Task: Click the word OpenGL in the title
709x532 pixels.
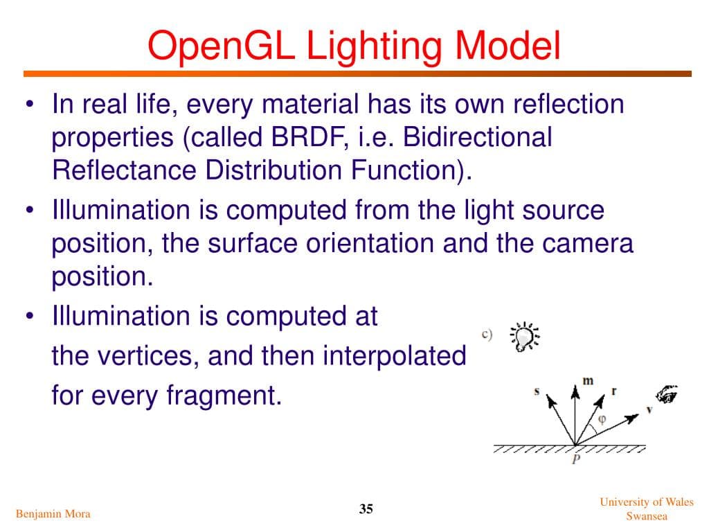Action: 221,46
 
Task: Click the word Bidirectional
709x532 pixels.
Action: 478,136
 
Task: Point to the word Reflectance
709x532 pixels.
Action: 125,170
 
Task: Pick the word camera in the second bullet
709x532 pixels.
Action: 588,243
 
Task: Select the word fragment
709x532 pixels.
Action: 224,396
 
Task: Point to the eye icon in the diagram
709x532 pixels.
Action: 667,394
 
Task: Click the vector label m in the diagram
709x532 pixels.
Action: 588,380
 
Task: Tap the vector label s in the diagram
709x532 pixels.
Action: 537,391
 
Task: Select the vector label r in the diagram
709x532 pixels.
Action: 613,391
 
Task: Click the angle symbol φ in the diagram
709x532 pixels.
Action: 602,420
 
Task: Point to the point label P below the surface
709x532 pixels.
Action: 576,459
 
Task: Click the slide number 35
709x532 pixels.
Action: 366,509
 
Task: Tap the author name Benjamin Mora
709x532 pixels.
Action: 53,513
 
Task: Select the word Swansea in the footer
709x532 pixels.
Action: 647,516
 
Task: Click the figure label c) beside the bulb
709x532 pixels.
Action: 487,335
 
